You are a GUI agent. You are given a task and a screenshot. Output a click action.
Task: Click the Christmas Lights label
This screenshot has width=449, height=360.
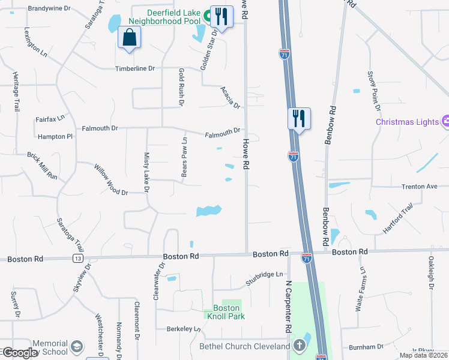[407, 122]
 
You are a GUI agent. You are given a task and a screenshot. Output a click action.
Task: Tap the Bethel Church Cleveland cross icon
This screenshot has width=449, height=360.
[300, 346]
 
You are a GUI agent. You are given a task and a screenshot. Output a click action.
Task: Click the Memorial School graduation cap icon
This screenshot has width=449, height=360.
[77, 347]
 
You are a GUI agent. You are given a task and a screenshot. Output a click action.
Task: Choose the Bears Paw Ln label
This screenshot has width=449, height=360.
[185, 157]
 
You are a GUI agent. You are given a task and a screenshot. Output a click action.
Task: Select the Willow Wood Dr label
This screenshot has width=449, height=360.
[111, 179]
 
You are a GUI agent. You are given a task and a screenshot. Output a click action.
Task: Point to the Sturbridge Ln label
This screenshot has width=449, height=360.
[264, 278]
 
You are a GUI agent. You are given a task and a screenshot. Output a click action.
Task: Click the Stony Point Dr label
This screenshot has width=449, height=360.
[373, 91]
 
